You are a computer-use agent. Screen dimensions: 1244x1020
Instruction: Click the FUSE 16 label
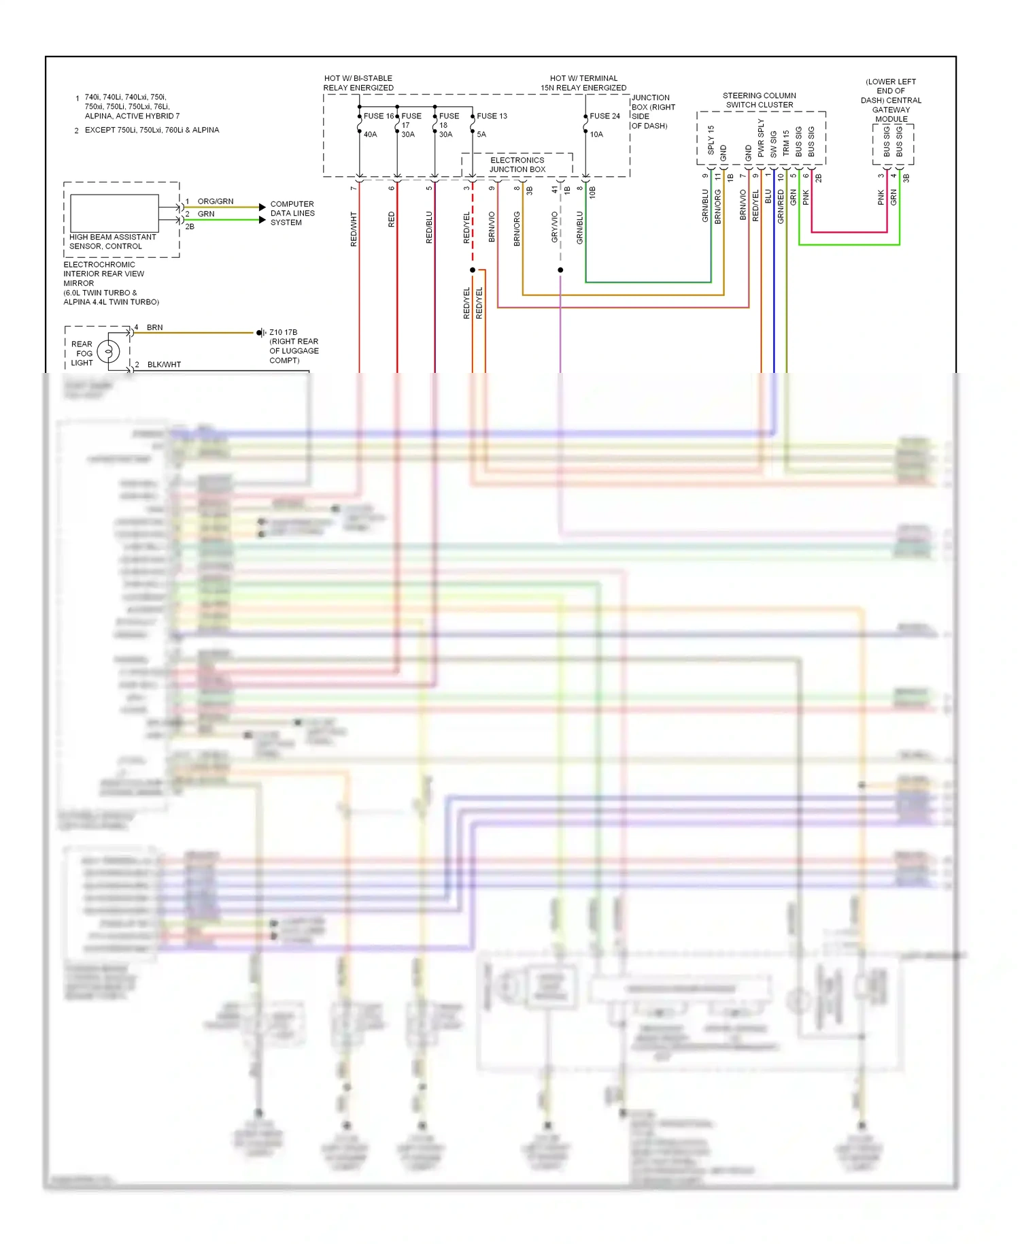[x=378, y=116]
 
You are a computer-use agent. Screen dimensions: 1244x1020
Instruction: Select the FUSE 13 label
[x=492, y=116]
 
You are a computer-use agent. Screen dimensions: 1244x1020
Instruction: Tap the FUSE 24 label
[x=605, y=116]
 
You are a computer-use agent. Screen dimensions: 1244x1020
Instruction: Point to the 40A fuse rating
[x=370, y=134]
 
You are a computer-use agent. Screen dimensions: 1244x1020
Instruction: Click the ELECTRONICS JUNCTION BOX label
[x=517, y=165]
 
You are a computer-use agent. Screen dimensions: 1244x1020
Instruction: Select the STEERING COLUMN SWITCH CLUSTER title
[x=759, y=100]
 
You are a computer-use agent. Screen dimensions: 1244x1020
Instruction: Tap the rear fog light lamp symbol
[x=108, y=352]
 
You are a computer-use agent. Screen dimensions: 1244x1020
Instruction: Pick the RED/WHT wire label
[x=354, y=229]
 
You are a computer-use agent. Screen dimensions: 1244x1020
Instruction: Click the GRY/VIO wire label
[x=554, y=227]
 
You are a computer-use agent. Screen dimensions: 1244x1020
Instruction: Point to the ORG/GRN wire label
[x=215, y=201]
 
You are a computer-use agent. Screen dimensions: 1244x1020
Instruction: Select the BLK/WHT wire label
[x=164, y=365]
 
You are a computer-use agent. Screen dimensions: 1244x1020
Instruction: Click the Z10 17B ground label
[x=283, y=332]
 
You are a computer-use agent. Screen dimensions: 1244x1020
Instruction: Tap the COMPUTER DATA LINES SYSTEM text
[x=292, y=213]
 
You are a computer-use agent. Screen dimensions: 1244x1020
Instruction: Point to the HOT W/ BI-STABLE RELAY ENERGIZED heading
[x=358, y=83]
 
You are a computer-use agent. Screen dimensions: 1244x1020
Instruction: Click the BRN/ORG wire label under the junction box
[x=517, y=229]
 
